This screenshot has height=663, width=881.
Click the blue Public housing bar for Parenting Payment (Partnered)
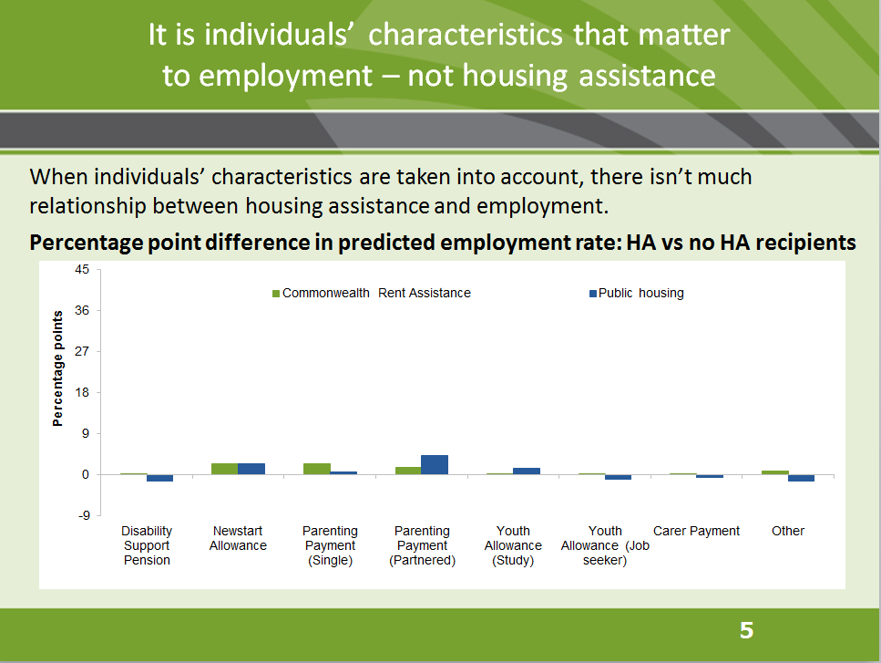[x=435, y=464]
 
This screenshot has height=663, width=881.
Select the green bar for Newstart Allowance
[x=225, y=469]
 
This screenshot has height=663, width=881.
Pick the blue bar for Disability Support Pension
[x=160, y=478]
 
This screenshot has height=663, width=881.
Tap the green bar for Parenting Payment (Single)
[x=316, y=469]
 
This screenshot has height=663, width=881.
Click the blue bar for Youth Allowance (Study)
[x=527, y=471]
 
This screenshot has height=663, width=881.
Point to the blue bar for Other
[x=802, y=478]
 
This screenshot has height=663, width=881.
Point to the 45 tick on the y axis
[x=82, y=270]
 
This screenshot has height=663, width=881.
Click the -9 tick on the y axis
[x=82, y=516]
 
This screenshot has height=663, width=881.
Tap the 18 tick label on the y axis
[x=82, y=393]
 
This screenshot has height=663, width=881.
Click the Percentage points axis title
[x=58, y=368]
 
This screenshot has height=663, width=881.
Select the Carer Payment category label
[x=697, y=531]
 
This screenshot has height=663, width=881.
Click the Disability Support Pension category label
[x=147, y=545]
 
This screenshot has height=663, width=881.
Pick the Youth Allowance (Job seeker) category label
[x=605, y=545]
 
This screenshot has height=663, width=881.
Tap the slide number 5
[x=746, y=630]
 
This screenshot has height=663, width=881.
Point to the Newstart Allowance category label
[x=238, y=538]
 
